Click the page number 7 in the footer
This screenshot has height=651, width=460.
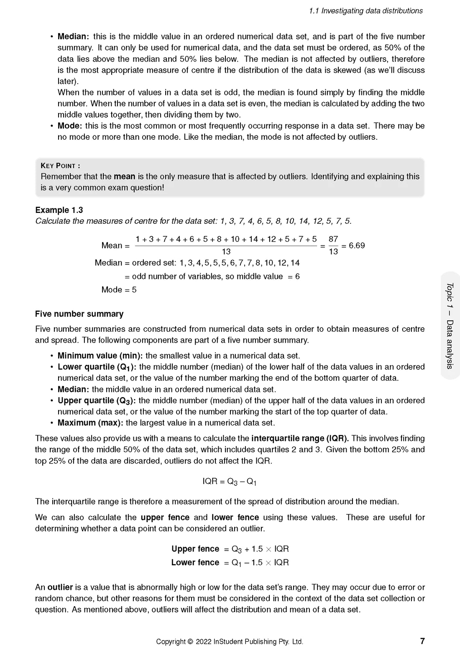click(422, 641)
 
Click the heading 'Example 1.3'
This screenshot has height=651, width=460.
click(59, 210)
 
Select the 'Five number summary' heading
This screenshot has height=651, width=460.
click(79, 314)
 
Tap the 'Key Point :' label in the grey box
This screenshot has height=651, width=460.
click(60, 166)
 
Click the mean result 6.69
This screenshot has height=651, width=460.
click(356, 246)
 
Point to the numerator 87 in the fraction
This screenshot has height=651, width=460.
click(333, 239)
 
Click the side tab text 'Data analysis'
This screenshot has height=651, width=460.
click(450, 344)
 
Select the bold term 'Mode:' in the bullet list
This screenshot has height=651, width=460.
click(70, 126)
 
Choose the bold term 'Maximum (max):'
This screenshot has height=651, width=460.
click(90, 423)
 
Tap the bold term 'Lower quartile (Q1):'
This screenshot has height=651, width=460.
click(97, 367)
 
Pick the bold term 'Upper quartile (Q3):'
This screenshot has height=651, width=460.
click(97, 400)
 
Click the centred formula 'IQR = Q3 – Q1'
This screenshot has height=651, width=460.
click(230, 482)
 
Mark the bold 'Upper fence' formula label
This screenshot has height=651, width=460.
click(195, 549)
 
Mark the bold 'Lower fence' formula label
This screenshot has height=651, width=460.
click(195, 562)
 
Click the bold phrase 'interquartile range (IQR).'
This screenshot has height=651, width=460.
click(300, 438)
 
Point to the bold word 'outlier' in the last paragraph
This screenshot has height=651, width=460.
click(60, 587)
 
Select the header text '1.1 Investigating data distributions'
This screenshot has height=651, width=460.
click(366, 11)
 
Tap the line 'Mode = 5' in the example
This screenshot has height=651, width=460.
click(119, 290)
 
